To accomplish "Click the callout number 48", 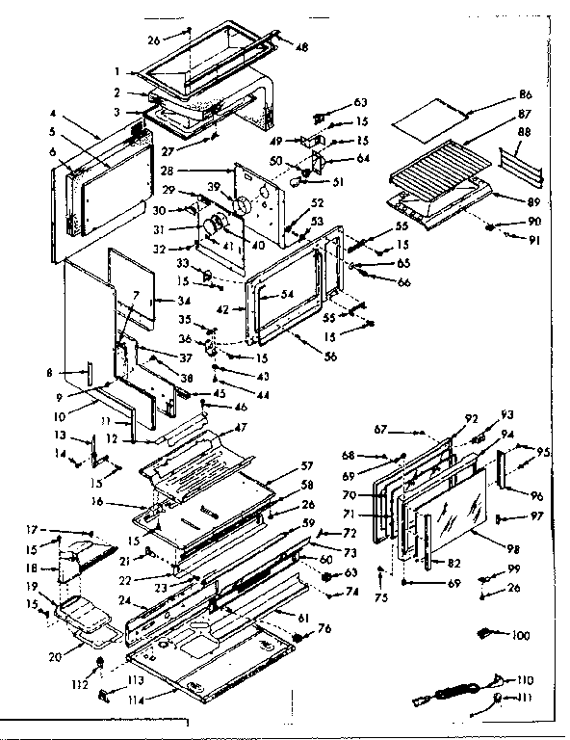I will click(301, 47).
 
